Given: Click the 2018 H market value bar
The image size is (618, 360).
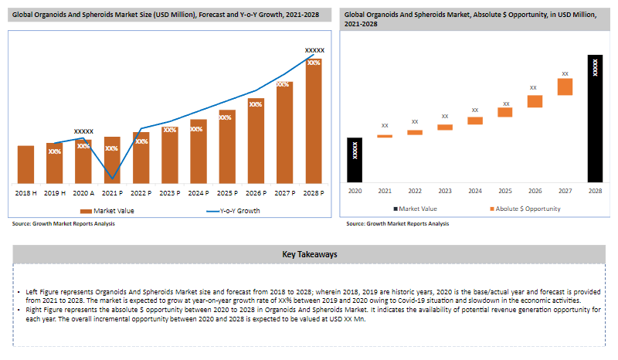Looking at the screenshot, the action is tap(25, 165).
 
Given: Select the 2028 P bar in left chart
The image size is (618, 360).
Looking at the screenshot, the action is tap(314, 121).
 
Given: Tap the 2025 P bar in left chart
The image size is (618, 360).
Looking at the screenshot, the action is tap(227, 147).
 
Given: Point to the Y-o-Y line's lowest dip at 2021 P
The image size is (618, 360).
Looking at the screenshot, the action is tap(112, 178).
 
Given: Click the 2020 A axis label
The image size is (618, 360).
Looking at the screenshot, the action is tap(83, 193).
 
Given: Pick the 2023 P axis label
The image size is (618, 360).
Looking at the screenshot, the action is tap(170, 193).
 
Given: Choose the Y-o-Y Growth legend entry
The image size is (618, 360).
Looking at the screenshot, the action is tap(233, 211).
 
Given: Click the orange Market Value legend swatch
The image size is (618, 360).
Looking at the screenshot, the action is tap(86, 212).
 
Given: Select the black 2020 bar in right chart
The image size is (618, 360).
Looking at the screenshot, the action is tap(355, 160).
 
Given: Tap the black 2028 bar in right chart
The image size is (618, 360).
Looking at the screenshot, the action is tap(595, 119).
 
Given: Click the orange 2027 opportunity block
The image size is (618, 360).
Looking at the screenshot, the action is tap(565, 87).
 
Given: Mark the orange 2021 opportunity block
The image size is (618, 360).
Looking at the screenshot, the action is tap(385, 136).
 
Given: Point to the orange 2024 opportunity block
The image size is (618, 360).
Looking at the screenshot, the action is tap(475, 121).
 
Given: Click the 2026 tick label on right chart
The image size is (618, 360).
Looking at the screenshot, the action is tap(535, 191).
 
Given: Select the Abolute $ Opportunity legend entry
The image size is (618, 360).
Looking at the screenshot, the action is tap(525, 209).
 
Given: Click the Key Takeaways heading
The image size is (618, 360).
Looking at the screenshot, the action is tap(310, 254).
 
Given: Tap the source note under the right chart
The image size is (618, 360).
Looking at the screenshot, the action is tap(398, 223).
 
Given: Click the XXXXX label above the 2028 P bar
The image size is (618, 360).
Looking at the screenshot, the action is tap(314, 50).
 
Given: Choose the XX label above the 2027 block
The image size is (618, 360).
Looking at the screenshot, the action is tap(565, 73).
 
